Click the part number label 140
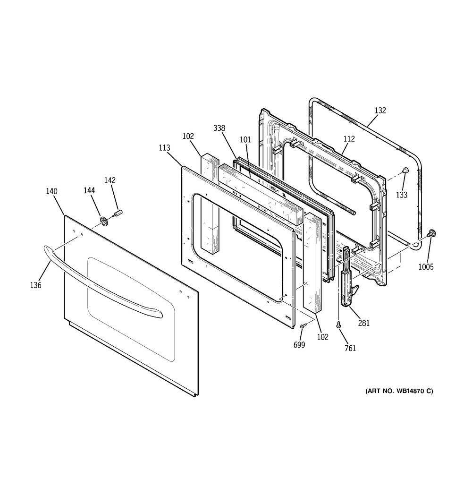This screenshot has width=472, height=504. [51, 191]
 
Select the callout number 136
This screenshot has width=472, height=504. [35, 285]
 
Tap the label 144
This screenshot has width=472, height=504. [89, 190]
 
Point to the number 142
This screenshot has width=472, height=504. [110, 180]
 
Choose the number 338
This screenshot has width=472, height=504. [219, 128]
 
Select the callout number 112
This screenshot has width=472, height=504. [349, 139]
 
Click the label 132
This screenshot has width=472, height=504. [380, 111]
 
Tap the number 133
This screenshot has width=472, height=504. [402, 195]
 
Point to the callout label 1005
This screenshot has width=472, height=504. [426, 267]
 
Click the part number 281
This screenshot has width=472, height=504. [364, 323]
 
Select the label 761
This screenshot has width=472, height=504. [350, 349]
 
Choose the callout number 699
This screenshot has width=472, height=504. [299, 345]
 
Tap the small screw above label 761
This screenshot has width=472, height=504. [339, 325]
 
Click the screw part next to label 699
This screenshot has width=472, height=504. [303, 325]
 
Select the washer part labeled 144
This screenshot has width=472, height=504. [104, 221]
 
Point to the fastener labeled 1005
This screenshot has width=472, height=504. [430, 233]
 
